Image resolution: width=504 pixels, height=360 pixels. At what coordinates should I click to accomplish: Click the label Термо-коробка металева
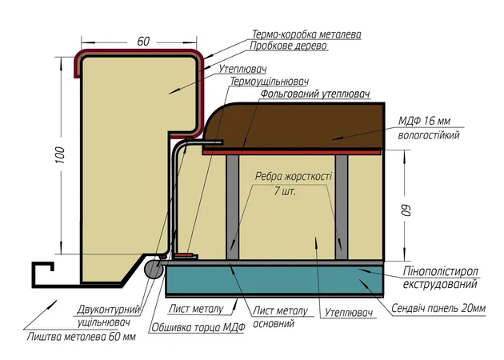[x=306, y=34]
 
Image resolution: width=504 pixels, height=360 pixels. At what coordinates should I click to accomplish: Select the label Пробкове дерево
[x=288, y=46]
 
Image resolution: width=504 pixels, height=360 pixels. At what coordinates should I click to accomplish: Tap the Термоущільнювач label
[x=270, y=82]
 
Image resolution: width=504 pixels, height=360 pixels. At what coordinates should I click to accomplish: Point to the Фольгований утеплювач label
[x=315, y=94]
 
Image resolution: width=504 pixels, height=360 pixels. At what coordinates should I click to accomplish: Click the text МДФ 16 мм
[x=424, y=121]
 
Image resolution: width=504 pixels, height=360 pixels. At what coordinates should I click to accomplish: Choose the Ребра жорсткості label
[x=294, y=176]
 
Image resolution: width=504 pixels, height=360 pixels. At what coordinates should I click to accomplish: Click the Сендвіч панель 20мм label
[x=438, y=308]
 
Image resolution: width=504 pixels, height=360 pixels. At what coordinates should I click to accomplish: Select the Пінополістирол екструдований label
[x=440, y=278]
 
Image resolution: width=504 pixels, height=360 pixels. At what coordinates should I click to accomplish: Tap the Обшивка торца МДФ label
[x=198, y=327]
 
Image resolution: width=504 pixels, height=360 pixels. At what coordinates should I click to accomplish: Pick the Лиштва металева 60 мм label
[x=82, y=337]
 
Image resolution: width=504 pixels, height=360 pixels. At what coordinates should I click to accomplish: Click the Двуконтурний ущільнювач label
[x=108, y=316]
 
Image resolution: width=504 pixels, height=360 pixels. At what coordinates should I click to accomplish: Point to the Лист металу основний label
[x=280, y=317]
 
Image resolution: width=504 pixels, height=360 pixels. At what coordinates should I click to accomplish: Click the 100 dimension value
[x=60, y=155]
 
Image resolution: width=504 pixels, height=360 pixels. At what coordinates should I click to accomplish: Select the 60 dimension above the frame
[x=143, y=41]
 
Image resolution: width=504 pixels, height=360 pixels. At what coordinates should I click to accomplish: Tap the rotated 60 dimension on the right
[x=406, y=210]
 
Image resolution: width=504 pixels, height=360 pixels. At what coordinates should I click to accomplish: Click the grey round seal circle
[x=154, y=270]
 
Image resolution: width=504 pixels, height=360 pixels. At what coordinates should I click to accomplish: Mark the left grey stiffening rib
[x=232, y=207]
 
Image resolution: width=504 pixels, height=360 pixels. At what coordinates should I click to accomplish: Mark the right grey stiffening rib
[x=342, y=207]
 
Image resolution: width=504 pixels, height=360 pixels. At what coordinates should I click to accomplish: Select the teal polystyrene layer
[x=275, y=279]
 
